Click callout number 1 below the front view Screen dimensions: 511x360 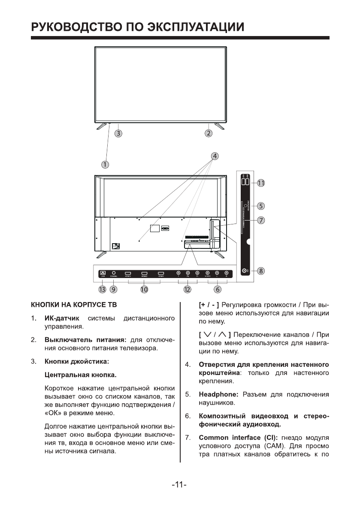point(105,164)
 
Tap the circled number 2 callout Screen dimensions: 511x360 point(209,133)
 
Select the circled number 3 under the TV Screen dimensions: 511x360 point(118,133)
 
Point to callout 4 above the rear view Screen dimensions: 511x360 point(215,156)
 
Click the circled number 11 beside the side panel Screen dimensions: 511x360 point(261,183)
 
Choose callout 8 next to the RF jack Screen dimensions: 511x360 point(261,271)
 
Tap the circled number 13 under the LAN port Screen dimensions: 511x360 point(102,290)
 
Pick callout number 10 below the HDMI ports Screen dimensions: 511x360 point(144,290)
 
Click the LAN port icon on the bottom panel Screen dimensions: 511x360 point(103,273)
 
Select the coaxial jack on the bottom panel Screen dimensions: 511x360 point(114,273)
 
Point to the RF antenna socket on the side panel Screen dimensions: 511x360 point(245,271)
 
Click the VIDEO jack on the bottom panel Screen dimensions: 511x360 point(208,273)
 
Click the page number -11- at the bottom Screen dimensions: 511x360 point(179,485)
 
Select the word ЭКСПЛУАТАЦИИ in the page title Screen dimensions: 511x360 point(196,27)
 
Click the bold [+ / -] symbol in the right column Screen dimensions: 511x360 point(210,305)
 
